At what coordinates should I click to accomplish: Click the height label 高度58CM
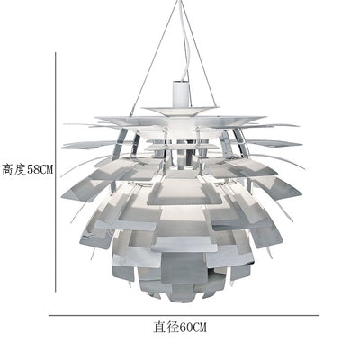point(28,170)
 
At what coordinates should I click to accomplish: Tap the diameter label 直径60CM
point(180,327)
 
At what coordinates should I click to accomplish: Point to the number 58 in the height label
point(33,170)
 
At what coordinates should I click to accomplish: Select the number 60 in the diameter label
point(186,327)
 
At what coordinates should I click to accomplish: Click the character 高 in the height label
point(8,170)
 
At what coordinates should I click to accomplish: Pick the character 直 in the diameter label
point(160,327)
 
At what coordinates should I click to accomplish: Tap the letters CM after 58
point(47,170)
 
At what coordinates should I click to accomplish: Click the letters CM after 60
point(200,327)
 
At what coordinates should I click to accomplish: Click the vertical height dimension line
point(56,172)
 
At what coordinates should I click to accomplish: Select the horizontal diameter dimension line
point(184,315)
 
